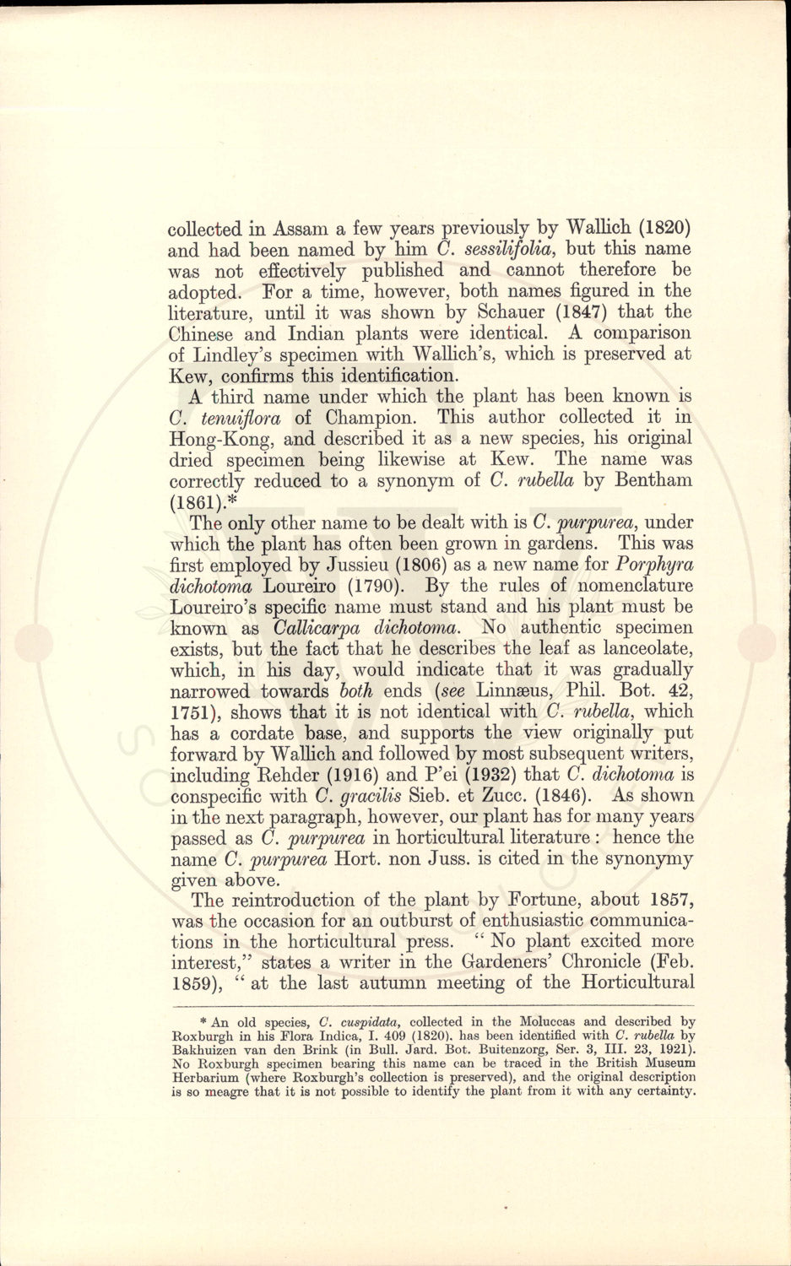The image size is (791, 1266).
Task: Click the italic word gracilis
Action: point(370,796)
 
